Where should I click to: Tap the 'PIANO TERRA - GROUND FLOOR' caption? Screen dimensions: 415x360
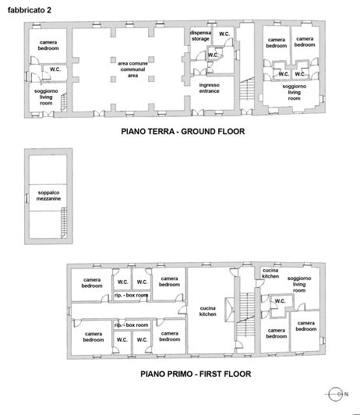point(182,132)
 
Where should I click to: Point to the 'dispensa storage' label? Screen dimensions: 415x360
point(200,35)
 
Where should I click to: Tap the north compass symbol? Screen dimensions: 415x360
point(336,393)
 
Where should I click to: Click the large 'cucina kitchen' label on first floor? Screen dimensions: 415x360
point(207,310)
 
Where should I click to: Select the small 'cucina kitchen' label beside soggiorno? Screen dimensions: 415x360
point(270,273)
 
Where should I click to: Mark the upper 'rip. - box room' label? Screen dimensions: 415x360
point(132,296)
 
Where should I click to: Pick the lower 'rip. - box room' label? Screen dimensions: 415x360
point(131,324)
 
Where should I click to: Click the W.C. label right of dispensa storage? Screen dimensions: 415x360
point(224,34)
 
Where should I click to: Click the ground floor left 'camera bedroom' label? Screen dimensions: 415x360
point(48,44)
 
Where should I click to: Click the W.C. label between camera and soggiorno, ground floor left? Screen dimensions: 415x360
point(55,70)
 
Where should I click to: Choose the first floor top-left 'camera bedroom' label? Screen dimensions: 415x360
point(93,282)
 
